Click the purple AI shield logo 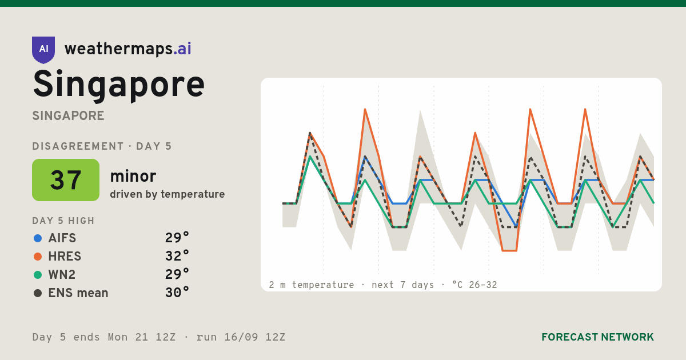pos(43,50)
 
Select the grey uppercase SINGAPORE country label pos(68,116)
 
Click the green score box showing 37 pos(66,180)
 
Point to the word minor pos(133,176)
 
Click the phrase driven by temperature pos(167,194)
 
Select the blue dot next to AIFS pos(38,238)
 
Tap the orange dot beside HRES pos(38,257)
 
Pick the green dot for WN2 pos(38,275)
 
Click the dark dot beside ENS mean pos(38,293)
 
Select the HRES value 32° pos(177,256)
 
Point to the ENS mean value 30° pos(177,293)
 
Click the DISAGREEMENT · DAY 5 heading pos(102,146)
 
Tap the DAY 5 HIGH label pos(63,221)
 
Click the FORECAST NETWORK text pos(597,337)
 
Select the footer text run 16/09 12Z pos(241,337)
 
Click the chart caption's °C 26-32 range pos(474,285)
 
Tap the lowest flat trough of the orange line pos(509,251)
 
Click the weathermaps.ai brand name pos(127,49)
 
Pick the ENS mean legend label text pos(78,293)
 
